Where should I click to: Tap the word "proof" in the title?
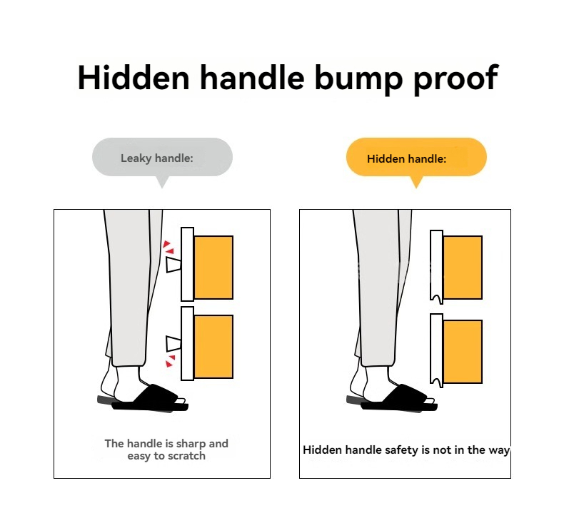coord(455,80)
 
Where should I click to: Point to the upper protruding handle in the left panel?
coord(173,264)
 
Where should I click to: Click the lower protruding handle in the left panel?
coord(173,344)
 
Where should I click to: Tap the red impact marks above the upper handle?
coord(168,248)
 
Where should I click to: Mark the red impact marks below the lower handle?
coord(170,361)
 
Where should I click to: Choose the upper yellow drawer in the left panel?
coord(213,268)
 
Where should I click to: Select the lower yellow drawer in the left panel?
coord(213,347)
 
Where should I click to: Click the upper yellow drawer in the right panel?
coord(463,268)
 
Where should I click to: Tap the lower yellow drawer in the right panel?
coord(463,352)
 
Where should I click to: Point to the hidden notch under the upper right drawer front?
coord(437,299)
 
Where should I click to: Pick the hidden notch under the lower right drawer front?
coord(437,382)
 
